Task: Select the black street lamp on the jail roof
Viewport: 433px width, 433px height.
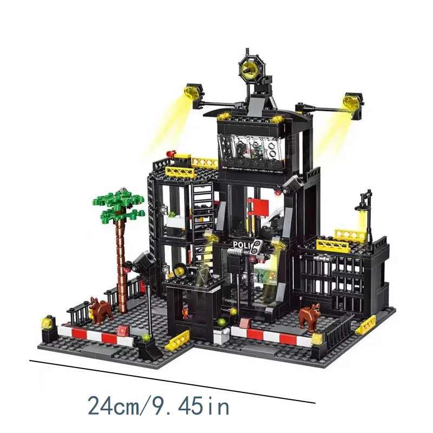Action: pos(367,214)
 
